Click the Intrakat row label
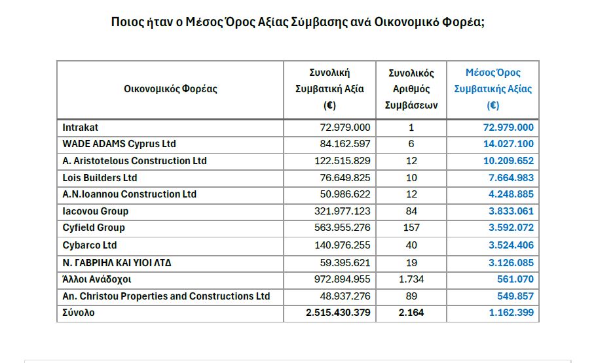coord(81,128)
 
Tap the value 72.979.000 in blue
coord(508,128)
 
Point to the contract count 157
coord(411,228)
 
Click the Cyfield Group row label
coord(94,228)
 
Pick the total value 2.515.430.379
coord(338,313)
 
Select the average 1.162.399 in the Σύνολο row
coord(511,313)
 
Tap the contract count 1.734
coord(411,279)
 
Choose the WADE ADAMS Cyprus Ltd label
coord(119,144)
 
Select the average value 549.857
coord(515,296)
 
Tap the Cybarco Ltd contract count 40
coord(411,245)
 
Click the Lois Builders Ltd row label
coord(100,178)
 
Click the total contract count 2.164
coord(411,313)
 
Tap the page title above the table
coord(298,22)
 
